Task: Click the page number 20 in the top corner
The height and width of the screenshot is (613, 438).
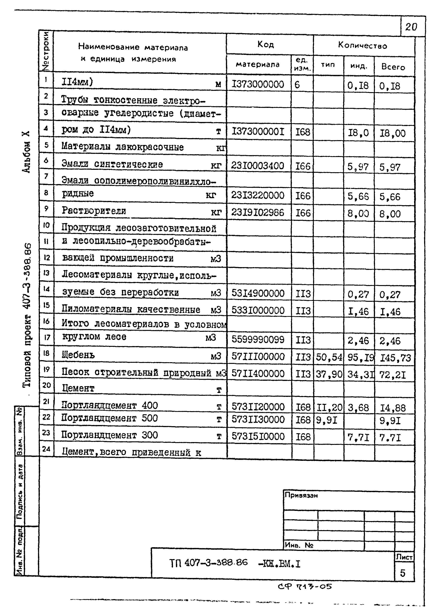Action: pos(411,27)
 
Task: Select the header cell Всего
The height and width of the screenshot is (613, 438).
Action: pos(393,67)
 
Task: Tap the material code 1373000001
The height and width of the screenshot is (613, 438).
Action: pos(258,132)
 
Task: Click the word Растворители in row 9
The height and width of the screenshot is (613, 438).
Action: pos(94,210)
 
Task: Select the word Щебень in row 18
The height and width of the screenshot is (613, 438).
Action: pos(78,355)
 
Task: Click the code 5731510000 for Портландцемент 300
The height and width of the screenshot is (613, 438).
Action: pos(258,436)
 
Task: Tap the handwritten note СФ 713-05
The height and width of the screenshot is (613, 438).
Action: pos(305,586)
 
